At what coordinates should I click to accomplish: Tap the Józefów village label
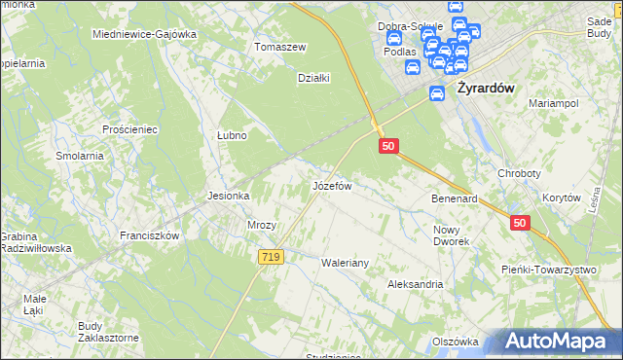[330, 184]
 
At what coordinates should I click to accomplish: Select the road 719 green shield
[272, 257]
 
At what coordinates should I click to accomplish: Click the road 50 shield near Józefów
[388, 146]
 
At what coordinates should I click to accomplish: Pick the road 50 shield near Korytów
[520, 223]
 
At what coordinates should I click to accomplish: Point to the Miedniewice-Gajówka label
[144, 34]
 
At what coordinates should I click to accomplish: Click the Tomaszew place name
[280, 47]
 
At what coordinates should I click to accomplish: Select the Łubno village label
[231, 136]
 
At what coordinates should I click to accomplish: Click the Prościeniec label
[129, 129]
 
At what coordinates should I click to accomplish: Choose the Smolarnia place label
[80, 156]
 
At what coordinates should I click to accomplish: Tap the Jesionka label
[229, 196]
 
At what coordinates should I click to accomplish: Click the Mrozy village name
[262, 225]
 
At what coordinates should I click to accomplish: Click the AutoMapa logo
[558, 341]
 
